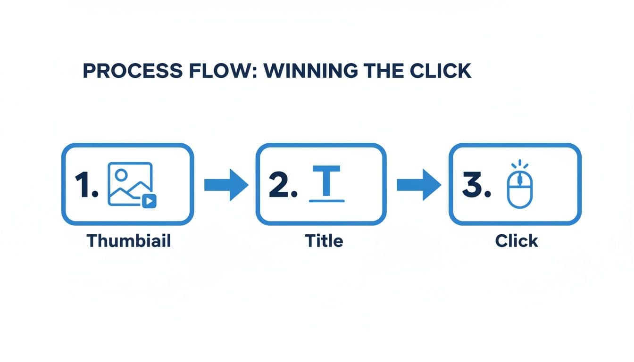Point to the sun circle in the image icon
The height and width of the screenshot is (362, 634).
121,175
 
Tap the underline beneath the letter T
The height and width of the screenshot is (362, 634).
326,201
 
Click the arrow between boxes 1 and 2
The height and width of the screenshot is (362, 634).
225,185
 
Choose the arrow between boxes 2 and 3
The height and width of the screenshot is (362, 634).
418,185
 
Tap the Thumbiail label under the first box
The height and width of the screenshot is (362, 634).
129,241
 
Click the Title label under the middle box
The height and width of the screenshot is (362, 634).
324,241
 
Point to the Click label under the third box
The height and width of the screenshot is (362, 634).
517,241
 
